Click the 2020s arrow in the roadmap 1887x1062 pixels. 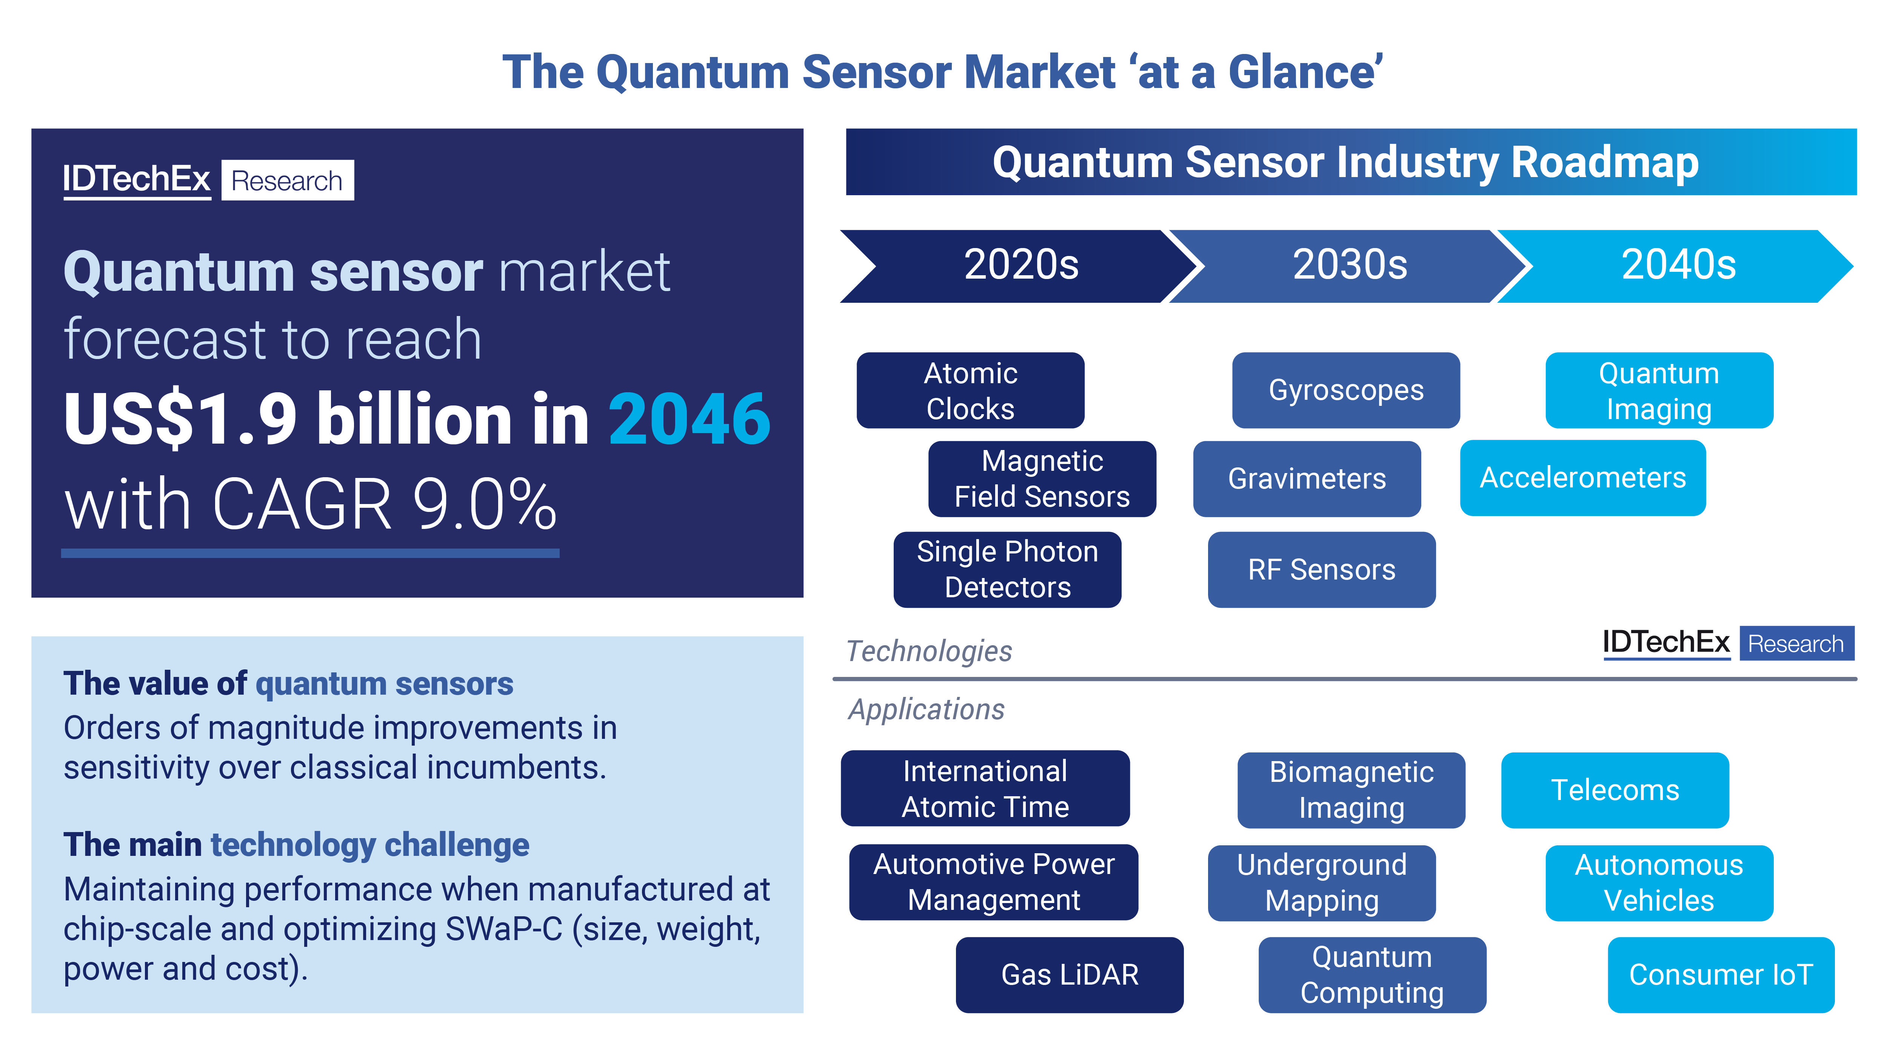1020,265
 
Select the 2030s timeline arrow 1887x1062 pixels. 1349,265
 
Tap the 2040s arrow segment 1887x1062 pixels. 1678,265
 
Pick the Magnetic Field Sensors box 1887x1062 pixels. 1042,479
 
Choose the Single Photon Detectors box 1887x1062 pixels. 1007,569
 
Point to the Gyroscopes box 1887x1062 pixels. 1346,391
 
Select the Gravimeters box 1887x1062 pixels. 1307,479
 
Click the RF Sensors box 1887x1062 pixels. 1322,569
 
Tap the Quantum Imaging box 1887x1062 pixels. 1659,391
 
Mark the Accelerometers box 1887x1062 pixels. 1582,478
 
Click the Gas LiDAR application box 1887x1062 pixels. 1070,975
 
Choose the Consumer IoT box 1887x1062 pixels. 1721,975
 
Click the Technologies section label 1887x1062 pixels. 929,651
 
